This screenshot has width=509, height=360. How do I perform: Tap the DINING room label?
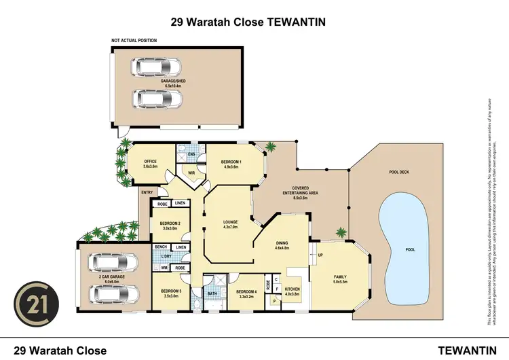(x=282, y=245)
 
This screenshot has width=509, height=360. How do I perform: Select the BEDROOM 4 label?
(x=244, y=293)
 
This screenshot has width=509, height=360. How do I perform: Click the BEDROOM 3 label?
(x=170, y=293)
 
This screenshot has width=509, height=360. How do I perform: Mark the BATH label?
(x=211, y=293)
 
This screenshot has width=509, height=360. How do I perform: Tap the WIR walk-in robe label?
(x=191, y=172)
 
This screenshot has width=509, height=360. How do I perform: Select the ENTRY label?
(x=146, y=193)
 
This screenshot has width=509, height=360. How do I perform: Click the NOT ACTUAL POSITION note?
(x=134, y=41)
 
